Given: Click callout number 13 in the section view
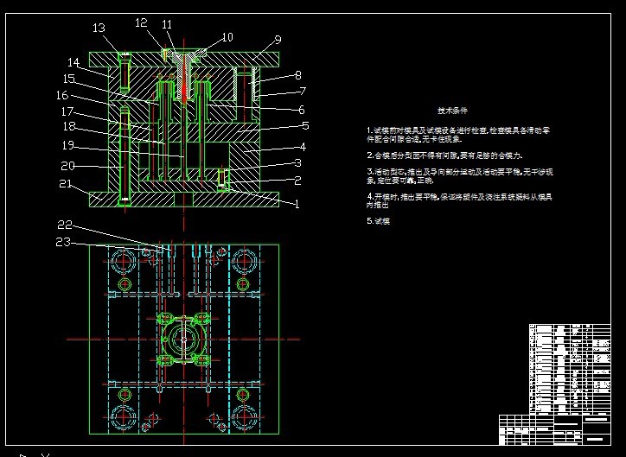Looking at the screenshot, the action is pos(99,29).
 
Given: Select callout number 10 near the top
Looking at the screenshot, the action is pos(227,37).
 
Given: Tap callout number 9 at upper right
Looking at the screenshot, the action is pos(278,40).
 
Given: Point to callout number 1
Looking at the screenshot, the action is pos(297,205).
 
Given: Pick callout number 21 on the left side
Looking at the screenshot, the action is pos(64,184).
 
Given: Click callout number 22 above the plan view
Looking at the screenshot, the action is pos(64,226).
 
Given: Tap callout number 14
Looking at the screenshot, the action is pos(73,62).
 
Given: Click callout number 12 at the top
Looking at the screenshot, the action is pos(141,23).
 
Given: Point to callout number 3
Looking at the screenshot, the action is pos(297,163).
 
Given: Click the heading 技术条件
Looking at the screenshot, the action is pos(452,111).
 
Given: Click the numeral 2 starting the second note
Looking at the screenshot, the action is pos(368,155).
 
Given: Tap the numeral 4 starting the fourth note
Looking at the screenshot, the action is pos(368,196).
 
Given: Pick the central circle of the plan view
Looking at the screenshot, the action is pos(184,337).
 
